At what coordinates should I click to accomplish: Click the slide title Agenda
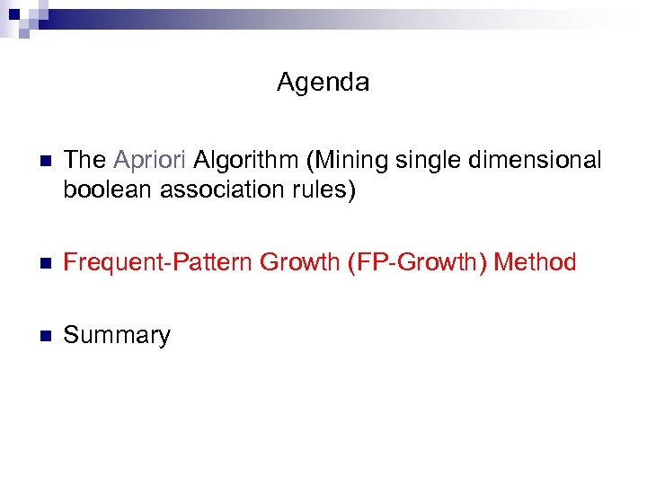point(323,83)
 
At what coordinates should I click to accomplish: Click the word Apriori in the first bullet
point(150,161)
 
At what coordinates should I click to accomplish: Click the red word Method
point(535,262)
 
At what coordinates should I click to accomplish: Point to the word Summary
point(117,336)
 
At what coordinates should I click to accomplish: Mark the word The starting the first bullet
point(85,161)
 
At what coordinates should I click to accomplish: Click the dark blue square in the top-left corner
point(13,13)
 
